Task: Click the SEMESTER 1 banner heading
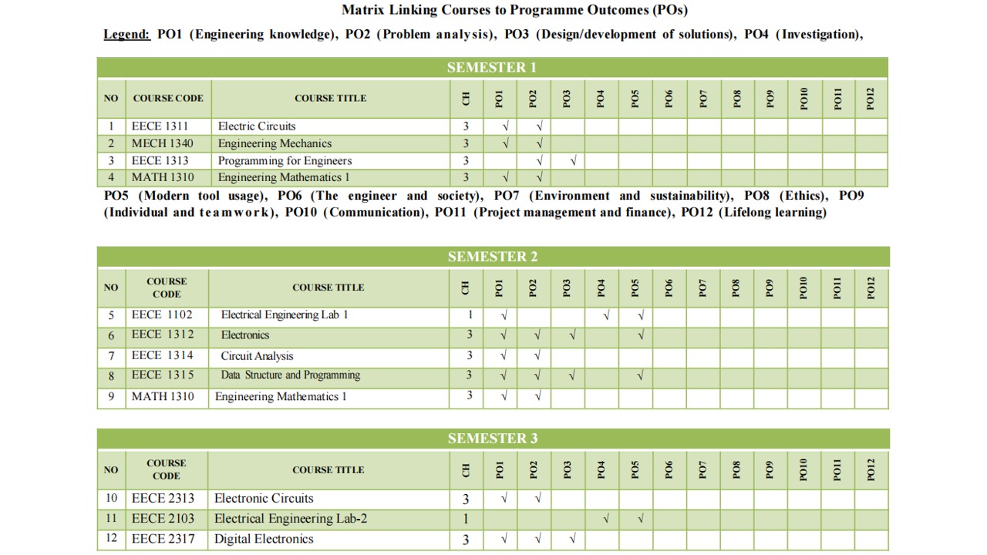(492, 67)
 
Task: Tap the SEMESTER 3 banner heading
(493, 439)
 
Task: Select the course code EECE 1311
(160, 126)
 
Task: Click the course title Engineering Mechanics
(275, 143)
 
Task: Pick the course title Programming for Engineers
(285, 160)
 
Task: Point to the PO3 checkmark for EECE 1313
(573, 161)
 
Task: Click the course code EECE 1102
(162, 314)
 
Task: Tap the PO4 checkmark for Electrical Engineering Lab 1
(606, 315)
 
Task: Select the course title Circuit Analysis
(257, 356)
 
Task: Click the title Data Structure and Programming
(290, 375)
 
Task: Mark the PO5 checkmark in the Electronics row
(641, 335)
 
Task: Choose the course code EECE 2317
(163, 539)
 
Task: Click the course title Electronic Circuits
(264, 499)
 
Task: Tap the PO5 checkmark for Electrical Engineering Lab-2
(641, 520)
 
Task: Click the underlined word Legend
(127, 35)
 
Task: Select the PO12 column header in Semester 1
(871, 99)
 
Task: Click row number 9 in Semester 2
(111, 397)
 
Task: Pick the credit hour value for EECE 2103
(466, 520)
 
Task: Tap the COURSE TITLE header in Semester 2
(328, 288)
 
